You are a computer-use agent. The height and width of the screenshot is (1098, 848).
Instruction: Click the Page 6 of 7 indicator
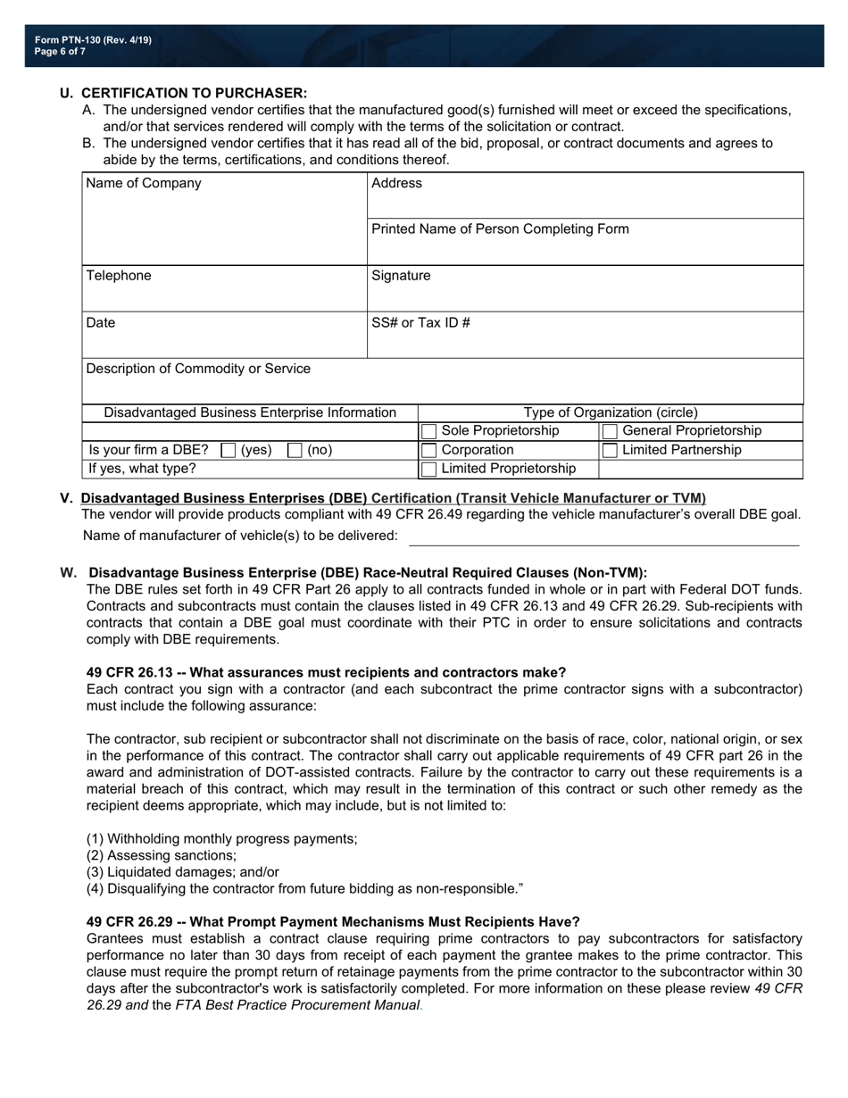click(x=61, y=52)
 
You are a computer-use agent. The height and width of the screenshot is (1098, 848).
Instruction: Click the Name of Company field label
click(x=144, y=183)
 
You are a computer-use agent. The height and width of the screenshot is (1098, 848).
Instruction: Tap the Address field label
click(x=396, y=183)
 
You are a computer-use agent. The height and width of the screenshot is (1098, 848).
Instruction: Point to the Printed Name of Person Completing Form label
click(x=500, y=229)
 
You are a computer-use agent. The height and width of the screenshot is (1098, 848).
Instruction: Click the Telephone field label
click(x=119, y=276)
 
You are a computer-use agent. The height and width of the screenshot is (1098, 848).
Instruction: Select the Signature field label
click(x=401, y=276)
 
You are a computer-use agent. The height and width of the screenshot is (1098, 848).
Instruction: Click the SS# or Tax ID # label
click(x=420, y=322)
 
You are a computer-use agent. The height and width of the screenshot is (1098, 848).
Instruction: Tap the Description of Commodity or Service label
click(x=198, y=369)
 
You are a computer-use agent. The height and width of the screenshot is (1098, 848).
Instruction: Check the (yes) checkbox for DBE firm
click(x=228, y=451)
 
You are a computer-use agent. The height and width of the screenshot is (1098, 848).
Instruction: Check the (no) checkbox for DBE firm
click(x=295, y=451)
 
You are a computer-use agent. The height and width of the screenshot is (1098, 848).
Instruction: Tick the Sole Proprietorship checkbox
click(x=429, y=432)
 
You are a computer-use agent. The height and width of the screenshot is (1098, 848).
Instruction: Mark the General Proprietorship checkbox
click(x=610, y=432)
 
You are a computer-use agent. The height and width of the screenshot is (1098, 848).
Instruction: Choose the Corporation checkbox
click(x=429, y=451)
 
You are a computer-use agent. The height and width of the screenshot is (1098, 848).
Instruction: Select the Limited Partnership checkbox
click(x=610, y=451)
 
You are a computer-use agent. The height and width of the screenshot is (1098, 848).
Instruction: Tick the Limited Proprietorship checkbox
click(x=429, y=470)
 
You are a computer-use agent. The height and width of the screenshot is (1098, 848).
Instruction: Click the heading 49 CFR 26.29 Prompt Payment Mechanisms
click(x=333, y=922)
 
